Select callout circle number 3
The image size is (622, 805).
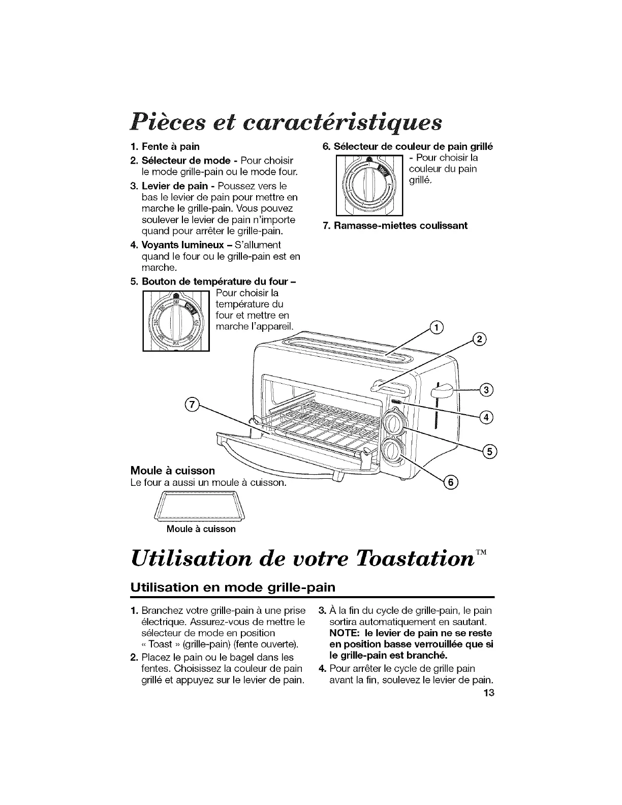tap(486, 390)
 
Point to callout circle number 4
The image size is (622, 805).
tap(486, 418)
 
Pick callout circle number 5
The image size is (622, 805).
tap(491, 451)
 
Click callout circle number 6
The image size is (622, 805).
tap(450, 482)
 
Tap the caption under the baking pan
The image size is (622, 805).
tap(201, 529)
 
